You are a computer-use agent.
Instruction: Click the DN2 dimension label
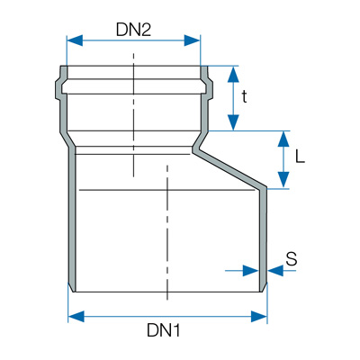tap(133, 30)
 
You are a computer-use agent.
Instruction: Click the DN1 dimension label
tap(164, 330)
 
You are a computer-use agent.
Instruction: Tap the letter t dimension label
tap(245, 96)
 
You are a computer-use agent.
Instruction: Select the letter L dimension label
tap(300, 157)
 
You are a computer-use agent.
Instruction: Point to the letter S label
tap(292, 259)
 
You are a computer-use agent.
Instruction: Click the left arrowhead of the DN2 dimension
tap(75, 40)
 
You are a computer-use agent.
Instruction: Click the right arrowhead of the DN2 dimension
tap(192, 40)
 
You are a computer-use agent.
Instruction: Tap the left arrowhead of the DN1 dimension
tap(76, 317)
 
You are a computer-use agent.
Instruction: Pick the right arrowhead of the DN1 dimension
tap(259, 317)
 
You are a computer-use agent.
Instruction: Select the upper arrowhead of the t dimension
tap(233, 74)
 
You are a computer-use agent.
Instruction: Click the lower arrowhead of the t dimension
tap(233, 122)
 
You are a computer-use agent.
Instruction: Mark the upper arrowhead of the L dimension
tap(283, 139)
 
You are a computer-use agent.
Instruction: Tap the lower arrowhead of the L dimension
tap(283, 180)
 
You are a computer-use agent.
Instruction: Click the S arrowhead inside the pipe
tap(250, 271)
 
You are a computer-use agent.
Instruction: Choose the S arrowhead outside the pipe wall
tap(275, 271)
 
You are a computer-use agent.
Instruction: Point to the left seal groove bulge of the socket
tap(58, 89)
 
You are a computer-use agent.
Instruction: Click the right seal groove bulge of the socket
tap(209, 89)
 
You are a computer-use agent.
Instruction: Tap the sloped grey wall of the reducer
tap(229, 168)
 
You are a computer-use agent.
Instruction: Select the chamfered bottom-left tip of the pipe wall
tap(72, 287)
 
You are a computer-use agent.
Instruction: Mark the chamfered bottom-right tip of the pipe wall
tap(263, 287)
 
